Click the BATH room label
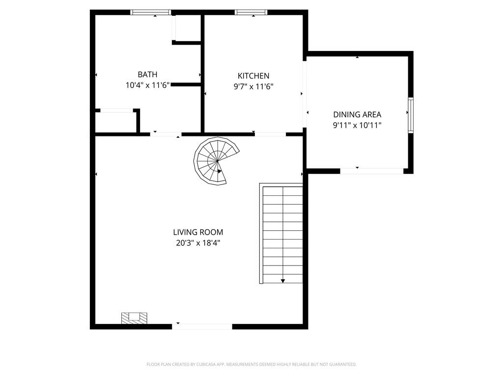click(x=147, y=75)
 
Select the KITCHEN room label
click(x=253, y=76)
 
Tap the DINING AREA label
click(x=357, y=114)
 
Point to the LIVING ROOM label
click(x=198, y=232)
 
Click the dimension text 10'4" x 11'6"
click(x=147, y=85)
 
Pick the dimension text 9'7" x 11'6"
click(x=253, y=86)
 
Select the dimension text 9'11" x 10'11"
click(x=357, y=125)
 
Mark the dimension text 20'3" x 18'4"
click(x=198, y=243)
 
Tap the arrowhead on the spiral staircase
click(x=220, y=171)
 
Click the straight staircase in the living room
click(x=281, y=233)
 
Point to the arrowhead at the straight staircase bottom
click(x=282, y=281)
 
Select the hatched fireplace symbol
click(x=134, y=318)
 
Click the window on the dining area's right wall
click(x=411, y=115)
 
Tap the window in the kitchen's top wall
click(x=251, y=12)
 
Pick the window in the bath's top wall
click(x=151, y=12)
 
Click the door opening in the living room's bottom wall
click(x=202, y=326)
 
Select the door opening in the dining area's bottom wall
click(x=371, y=171)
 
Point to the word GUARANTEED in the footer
click(x=345, y=364)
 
